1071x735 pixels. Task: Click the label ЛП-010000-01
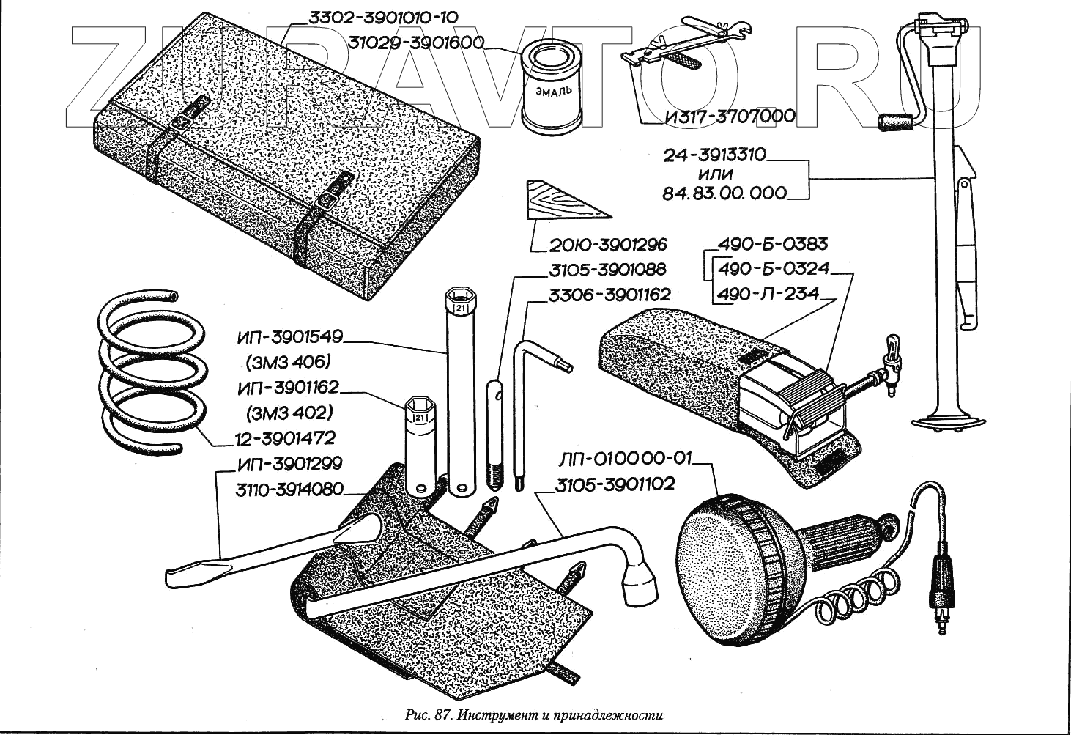coord(624,459)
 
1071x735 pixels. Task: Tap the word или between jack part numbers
coord(715,174)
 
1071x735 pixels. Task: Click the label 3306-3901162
coord(609,295)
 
